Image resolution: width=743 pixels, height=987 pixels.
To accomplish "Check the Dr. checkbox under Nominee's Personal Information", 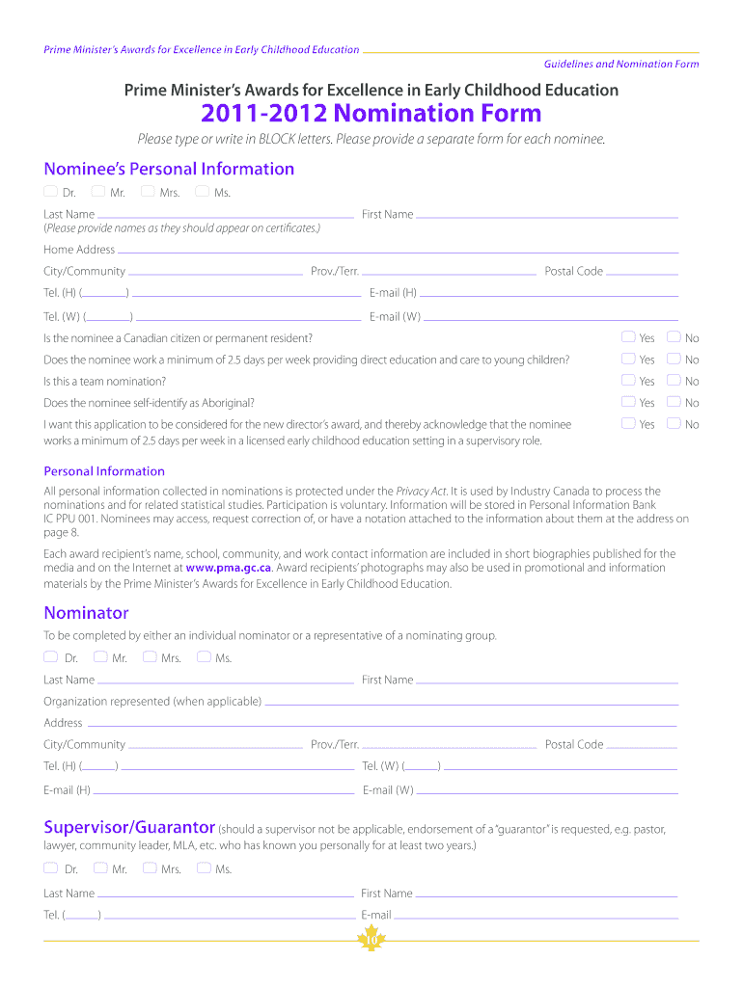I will (50, 192).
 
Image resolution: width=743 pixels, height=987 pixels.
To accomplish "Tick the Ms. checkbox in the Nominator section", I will (203, 657).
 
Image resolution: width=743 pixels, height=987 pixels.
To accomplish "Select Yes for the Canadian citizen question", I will (628, 337).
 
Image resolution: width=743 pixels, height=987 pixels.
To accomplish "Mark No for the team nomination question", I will (674, 381).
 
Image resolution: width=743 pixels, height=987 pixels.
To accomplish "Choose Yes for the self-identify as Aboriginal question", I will (628, 402).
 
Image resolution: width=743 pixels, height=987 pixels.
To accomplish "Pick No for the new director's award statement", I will (674, 423).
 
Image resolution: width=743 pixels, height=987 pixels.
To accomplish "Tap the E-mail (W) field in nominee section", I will (550, 317).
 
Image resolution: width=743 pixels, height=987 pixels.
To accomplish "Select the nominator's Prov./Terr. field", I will (449, 745).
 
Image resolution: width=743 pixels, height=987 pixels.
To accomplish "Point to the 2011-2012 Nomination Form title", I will (371, 114).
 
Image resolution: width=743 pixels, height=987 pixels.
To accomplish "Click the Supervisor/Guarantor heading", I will (129, 828).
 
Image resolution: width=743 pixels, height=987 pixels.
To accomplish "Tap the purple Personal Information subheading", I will (104, 471).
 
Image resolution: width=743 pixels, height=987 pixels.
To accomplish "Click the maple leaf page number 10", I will (371, 942).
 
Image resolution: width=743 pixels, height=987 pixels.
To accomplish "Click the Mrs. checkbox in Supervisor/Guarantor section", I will (150, 867).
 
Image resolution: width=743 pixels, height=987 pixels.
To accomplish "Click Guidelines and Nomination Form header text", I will (621, 64).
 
